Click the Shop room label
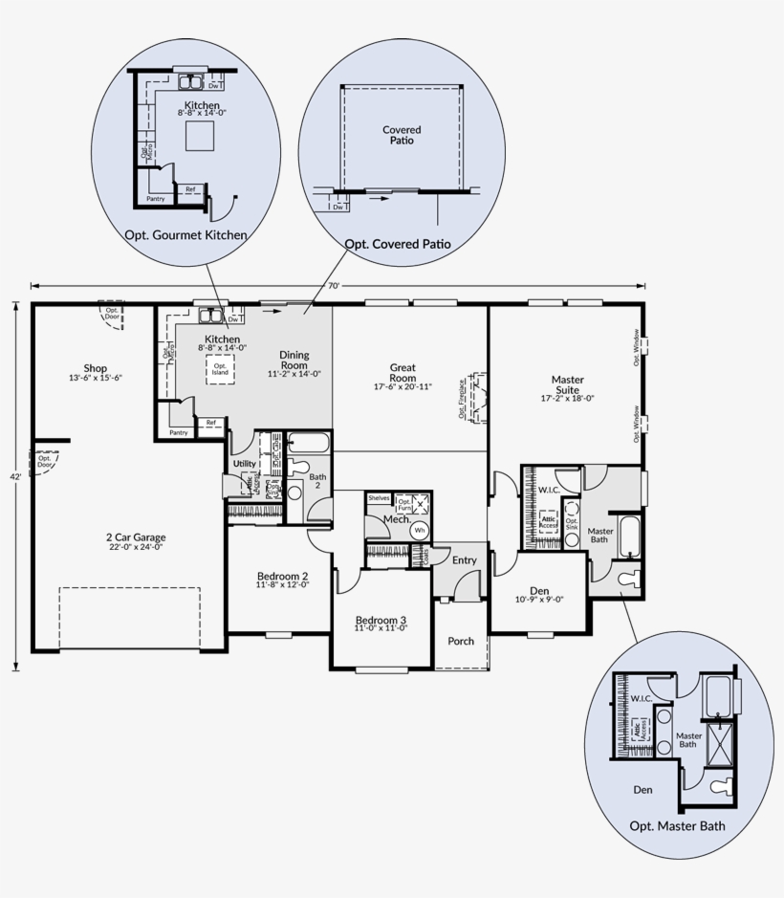[x=95, y=368]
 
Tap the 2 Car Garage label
[x=135, y=537]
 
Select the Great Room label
[x=403, y=367]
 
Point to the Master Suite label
[x=568, y=384]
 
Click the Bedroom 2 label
[x=282, y=577]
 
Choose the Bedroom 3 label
[x=381, y=619]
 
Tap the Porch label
[x=461, y=641]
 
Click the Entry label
[x=465, y=560]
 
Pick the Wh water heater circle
[x=419, y=529]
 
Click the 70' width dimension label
[x=334, y=285]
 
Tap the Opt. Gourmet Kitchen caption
[x=185, y=234]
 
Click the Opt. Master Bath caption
[x=677, y=825]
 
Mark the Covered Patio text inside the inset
[x=402, y=135]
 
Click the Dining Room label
[x=294, y=361]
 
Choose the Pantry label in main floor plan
[x=179, y=432]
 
